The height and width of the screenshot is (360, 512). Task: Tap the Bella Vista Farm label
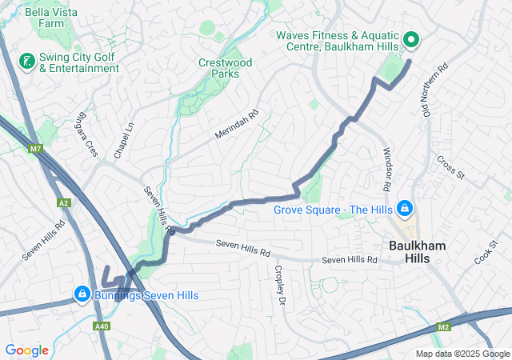point(44,18)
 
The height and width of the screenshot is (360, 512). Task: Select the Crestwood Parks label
point(225,69)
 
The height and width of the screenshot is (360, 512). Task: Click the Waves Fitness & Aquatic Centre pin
point(410,38)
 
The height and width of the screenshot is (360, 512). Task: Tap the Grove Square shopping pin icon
point(405,210)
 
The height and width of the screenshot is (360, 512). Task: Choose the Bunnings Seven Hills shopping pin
point(81,295)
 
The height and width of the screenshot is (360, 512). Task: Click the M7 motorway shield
point(35,149)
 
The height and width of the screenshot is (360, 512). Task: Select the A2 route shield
point(63,203)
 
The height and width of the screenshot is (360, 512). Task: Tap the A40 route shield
point(101,326)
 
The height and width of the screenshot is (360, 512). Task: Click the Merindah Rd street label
point(238,126)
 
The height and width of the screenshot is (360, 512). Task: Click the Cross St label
point(450,163)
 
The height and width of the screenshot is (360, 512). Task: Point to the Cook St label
point(485,255)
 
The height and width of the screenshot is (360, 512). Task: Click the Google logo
point(26,350)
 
